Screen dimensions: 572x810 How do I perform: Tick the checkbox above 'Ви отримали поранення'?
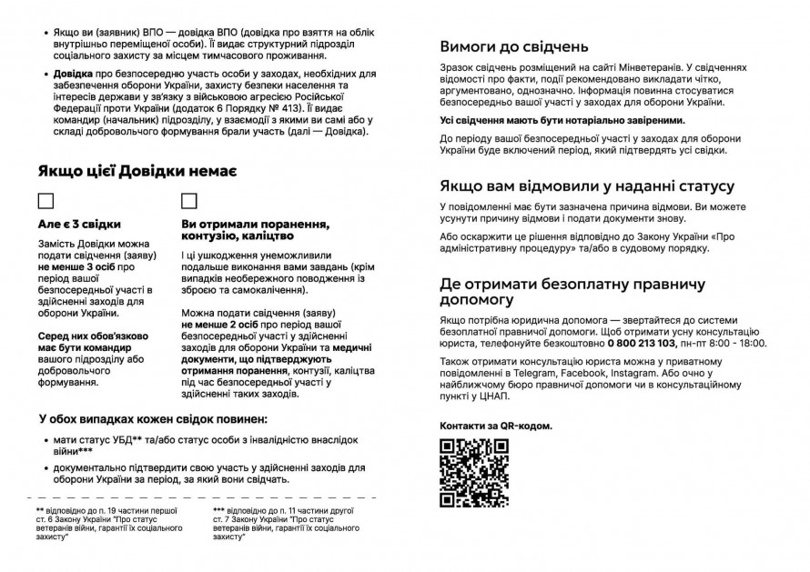[189, 201]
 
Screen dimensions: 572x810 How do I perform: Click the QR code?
[473, 472]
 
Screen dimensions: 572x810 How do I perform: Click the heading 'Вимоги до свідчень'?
[514, 47]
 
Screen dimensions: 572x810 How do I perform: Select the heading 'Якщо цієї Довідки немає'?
[138, 171]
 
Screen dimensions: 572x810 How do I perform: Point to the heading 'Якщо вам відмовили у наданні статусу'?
[587, 186]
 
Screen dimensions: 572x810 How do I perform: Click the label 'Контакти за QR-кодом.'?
[496, 426]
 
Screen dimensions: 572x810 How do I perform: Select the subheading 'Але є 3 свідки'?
[80, 224]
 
